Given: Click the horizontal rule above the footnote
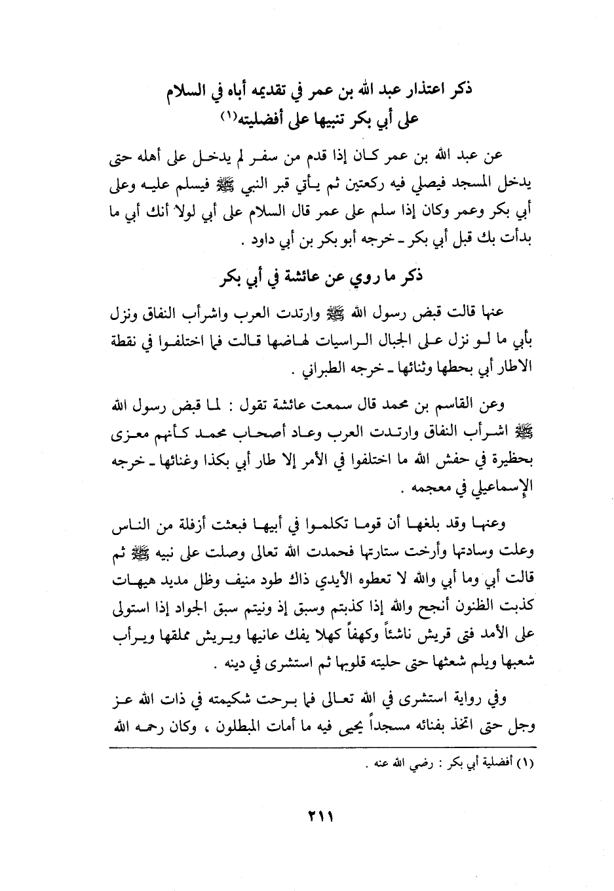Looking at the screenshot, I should click(320, 748).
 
